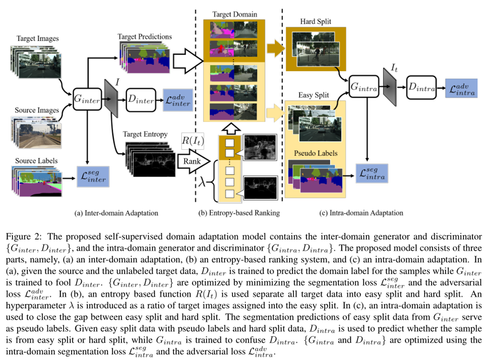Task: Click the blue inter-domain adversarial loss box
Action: pos(176,99)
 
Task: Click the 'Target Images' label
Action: pos(37,39)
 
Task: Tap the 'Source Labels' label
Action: pos(37,161)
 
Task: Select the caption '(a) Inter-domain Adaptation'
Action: pos(116,213)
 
